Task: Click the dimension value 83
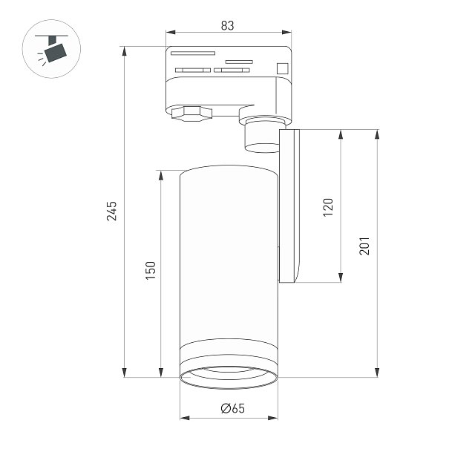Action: tap(228, 25)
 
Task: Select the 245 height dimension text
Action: tap(111, 211)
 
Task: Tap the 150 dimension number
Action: tap(151, 271)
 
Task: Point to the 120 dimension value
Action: tap(328, 207)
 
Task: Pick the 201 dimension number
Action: tap(364, 246)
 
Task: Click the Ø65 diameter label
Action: tap(233, 408)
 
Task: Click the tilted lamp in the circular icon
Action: tap(55, 53)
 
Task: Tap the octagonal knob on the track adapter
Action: tap(191, 114)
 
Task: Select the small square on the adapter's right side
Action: tap(282, 68)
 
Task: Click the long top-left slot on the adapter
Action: tap(193, 53)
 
